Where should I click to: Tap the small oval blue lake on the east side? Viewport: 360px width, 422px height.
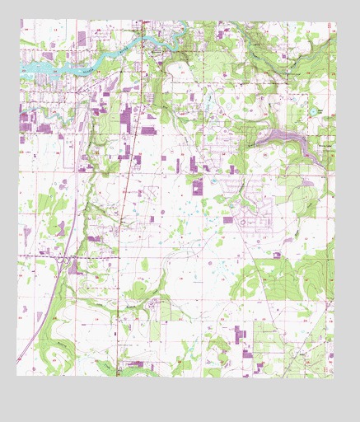(313, 110)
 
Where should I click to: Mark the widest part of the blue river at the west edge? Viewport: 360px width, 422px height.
(30, 65)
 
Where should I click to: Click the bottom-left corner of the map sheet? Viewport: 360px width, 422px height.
(17, 375)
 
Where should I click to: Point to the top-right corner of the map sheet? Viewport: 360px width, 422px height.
(336, 22)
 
